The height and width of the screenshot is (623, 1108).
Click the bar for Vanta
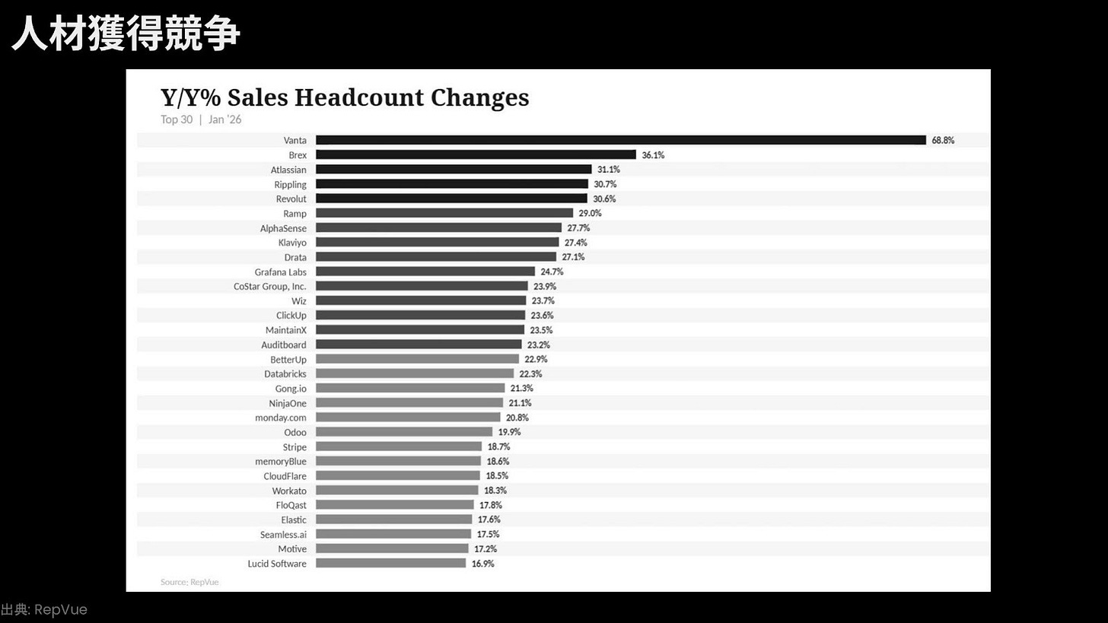[x=620, y=140]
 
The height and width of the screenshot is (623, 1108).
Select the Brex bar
[x=476, y=154]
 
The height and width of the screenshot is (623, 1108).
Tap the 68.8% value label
[x=943, y=140]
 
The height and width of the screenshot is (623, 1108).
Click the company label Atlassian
[x=288, y=170]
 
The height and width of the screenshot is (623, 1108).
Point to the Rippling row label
[x=290, y=184]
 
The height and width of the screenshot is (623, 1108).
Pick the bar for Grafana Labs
[x=425, y=272]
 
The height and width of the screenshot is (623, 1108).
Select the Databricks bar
[x=415, y=373]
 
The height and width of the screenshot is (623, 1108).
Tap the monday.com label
[x=281, y=418]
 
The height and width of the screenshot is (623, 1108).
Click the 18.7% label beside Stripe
[x=498, y=447]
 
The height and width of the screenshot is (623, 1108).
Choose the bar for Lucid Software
[x=390, y=564]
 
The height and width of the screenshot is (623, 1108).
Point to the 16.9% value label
[x=482, y=564]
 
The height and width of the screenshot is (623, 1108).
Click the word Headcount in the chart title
[x=358, y=97]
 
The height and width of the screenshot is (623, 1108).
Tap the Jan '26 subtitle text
[x=224, y=119]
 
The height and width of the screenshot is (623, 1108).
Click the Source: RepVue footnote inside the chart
[x=189, y=582]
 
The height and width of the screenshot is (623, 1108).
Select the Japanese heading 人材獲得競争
[x=126, y=33]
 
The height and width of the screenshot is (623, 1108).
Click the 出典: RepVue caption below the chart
[x=44, y=609]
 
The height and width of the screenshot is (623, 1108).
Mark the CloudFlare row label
[x=285, y=476]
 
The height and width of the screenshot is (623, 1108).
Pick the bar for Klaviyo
[x=437, y=243]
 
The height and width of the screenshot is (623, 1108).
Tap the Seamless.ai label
[x=283, y=535]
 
